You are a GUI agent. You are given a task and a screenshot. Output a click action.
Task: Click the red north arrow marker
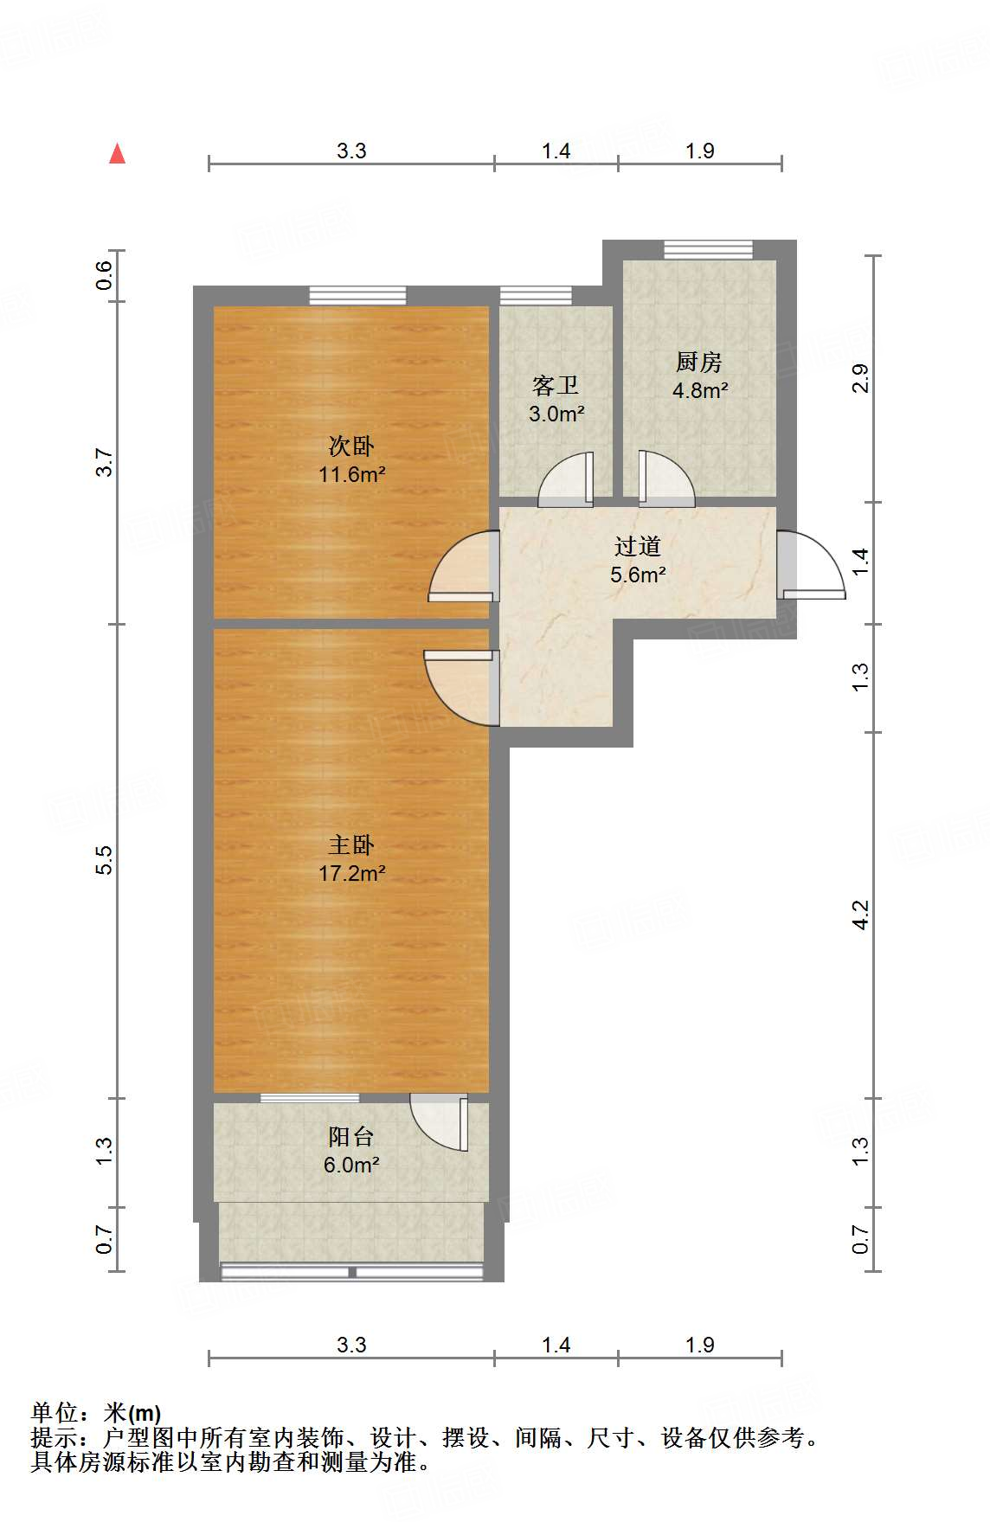tap(118, 154)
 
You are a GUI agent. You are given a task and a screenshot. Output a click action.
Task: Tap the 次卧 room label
tap(351, 446)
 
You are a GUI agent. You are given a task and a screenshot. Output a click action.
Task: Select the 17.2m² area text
tap(351, 873)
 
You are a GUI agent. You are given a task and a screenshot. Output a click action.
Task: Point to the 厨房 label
tap(699, 362)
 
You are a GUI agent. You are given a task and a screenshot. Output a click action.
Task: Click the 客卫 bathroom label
tap(556, 385)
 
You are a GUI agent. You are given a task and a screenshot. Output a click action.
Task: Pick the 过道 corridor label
tap(638, 546)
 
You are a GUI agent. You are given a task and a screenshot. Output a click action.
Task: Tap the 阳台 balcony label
tap(351, 1136)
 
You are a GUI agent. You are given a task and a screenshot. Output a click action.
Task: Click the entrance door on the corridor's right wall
tap(811, 564)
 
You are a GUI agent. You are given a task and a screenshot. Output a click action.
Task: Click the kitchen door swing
tap(666, 478)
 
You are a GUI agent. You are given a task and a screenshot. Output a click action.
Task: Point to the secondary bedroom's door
tap(464, 566)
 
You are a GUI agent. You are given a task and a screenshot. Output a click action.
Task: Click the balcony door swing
tap(439, 1122)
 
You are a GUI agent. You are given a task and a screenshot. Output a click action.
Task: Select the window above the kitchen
tap(709, 250)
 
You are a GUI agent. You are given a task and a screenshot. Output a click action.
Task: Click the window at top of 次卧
tap(357, 295)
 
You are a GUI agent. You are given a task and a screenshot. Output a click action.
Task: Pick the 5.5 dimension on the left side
tap(104, 860)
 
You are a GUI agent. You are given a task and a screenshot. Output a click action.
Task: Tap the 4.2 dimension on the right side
tap(860, 915)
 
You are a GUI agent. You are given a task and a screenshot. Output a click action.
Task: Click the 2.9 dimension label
tap(860, 378)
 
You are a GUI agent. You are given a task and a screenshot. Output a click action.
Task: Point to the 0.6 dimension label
tap(104, 275)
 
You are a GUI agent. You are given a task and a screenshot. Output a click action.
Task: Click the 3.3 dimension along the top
tap(351, 151)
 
